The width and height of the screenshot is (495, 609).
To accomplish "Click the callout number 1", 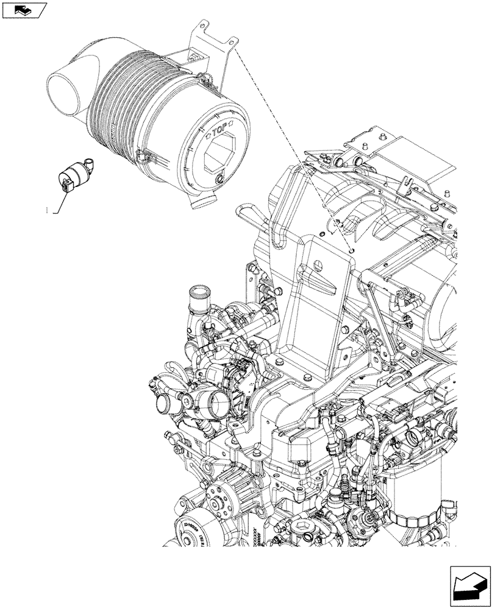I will (47, 211).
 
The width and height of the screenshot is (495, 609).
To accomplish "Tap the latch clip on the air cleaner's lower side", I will (144, 157).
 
